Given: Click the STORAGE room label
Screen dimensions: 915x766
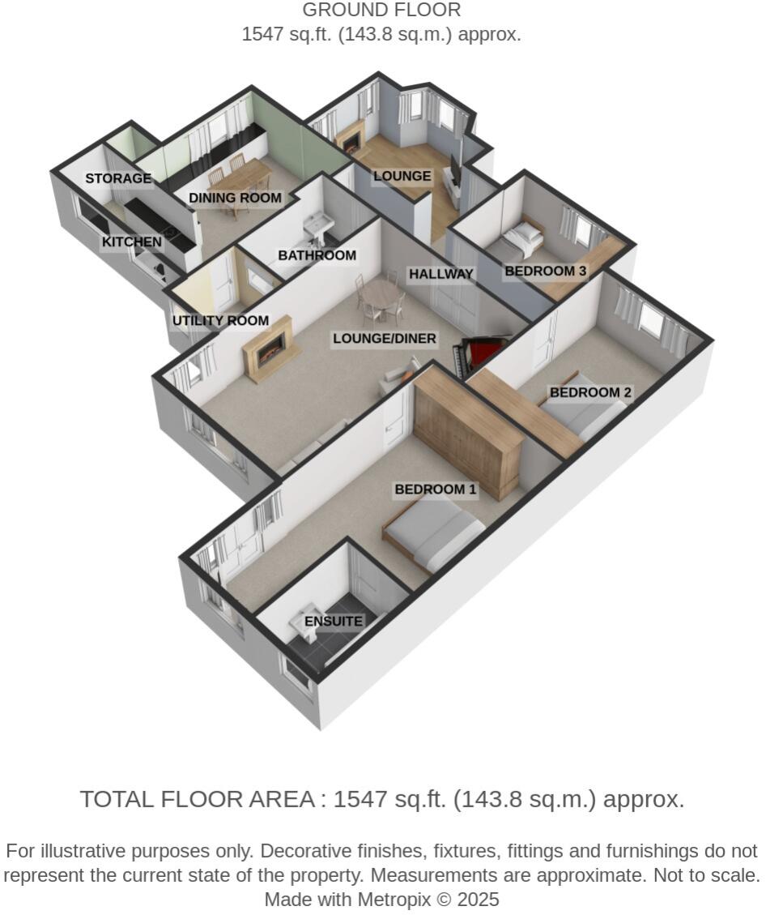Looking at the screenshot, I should tap(118, 178).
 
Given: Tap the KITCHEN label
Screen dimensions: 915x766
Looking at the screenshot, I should tap(131, 242).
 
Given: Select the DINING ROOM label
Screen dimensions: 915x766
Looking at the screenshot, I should tap(235, 198).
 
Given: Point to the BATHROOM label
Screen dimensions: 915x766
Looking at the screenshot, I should tap(317, 255).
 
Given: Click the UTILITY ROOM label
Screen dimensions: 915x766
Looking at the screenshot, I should tap(220, 321).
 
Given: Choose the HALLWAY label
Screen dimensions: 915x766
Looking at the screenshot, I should tap(440, 274).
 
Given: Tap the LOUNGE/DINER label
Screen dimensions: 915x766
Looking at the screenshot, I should tap(385, 339).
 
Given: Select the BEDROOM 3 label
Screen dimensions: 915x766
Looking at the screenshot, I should tap(545, 271).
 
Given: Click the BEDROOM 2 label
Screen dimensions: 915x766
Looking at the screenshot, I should tap(590, 392).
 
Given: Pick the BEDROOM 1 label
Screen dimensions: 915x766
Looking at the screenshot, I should tap(436, 490).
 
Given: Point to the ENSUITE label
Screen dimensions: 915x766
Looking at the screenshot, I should tap(334, 622).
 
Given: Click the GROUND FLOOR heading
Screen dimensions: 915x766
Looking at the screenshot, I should tap(381, 11).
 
